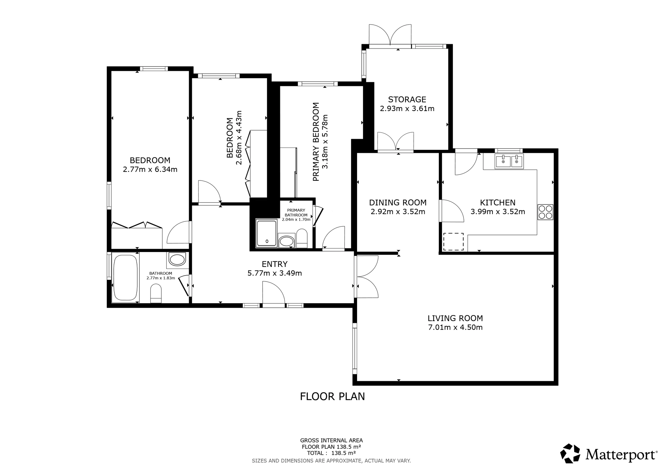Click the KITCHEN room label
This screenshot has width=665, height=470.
point(497,202)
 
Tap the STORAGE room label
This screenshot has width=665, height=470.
point(407,99)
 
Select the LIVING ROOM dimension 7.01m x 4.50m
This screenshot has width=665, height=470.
point(455,327)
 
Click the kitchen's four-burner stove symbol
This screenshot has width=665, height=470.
point(545,212)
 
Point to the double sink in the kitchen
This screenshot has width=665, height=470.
point(509,161)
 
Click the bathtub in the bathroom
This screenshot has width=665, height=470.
point(125,278)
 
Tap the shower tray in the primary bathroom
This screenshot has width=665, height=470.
point(266,233)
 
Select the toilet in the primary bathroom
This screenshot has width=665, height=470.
point(302,238)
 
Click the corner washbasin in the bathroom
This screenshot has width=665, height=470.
point(177,259)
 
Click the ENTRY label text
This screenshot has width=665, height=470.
point(274,264)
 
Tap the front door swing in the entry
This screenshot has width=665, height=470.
point(273,293)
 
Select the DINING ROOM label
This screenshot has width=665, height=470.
point(398,202)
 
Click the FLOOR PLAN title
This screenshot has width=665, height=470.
point(332,397)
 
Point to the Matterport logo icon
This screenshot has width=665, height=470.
point(570,453)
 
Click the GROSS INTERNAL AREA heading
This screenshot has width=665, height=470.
point(331,440)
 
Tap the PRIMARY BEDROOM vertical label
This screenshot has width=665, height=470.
point(316,142)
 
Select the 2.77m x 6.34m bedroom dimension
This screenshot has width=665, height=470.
point(150,170)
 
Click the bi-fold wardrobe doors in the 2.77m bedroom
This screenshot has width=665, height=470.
point(136,225)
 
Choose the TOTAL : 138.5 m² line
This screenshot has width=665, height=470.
point(331,453)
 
